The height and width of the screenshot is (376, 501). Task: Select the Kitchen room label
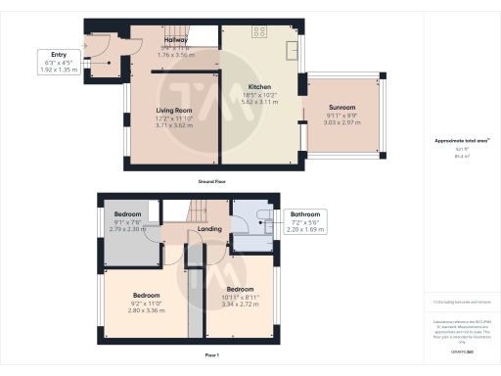pyautogui.click(x=259, y=86)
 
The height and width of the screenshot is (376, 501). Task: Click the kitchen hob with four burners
pyautogui.click(x=260, y=31)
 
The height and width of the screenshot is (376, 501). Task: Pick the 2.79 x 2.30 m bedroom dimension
pyautogui.click(x=127, y=228)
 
